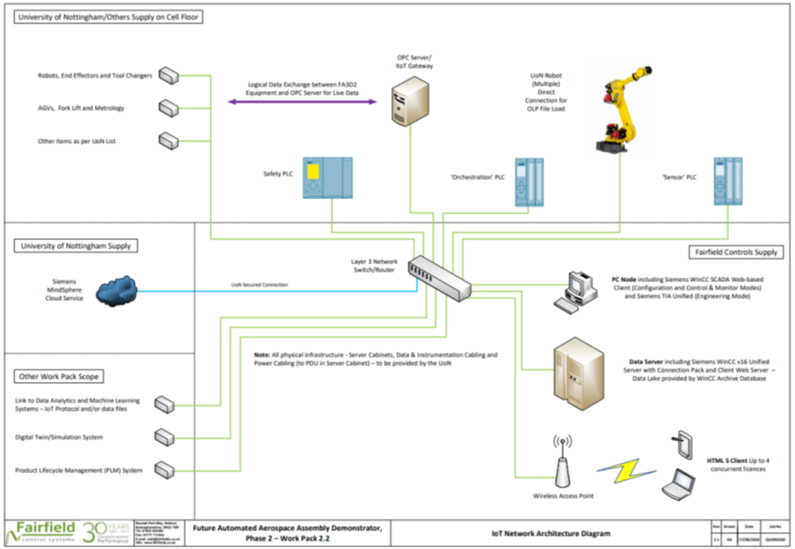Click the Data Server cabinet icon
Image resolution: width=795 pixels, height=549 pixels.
580,364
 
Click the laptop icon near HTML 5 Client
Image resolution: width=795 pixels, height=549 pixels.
679,483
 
